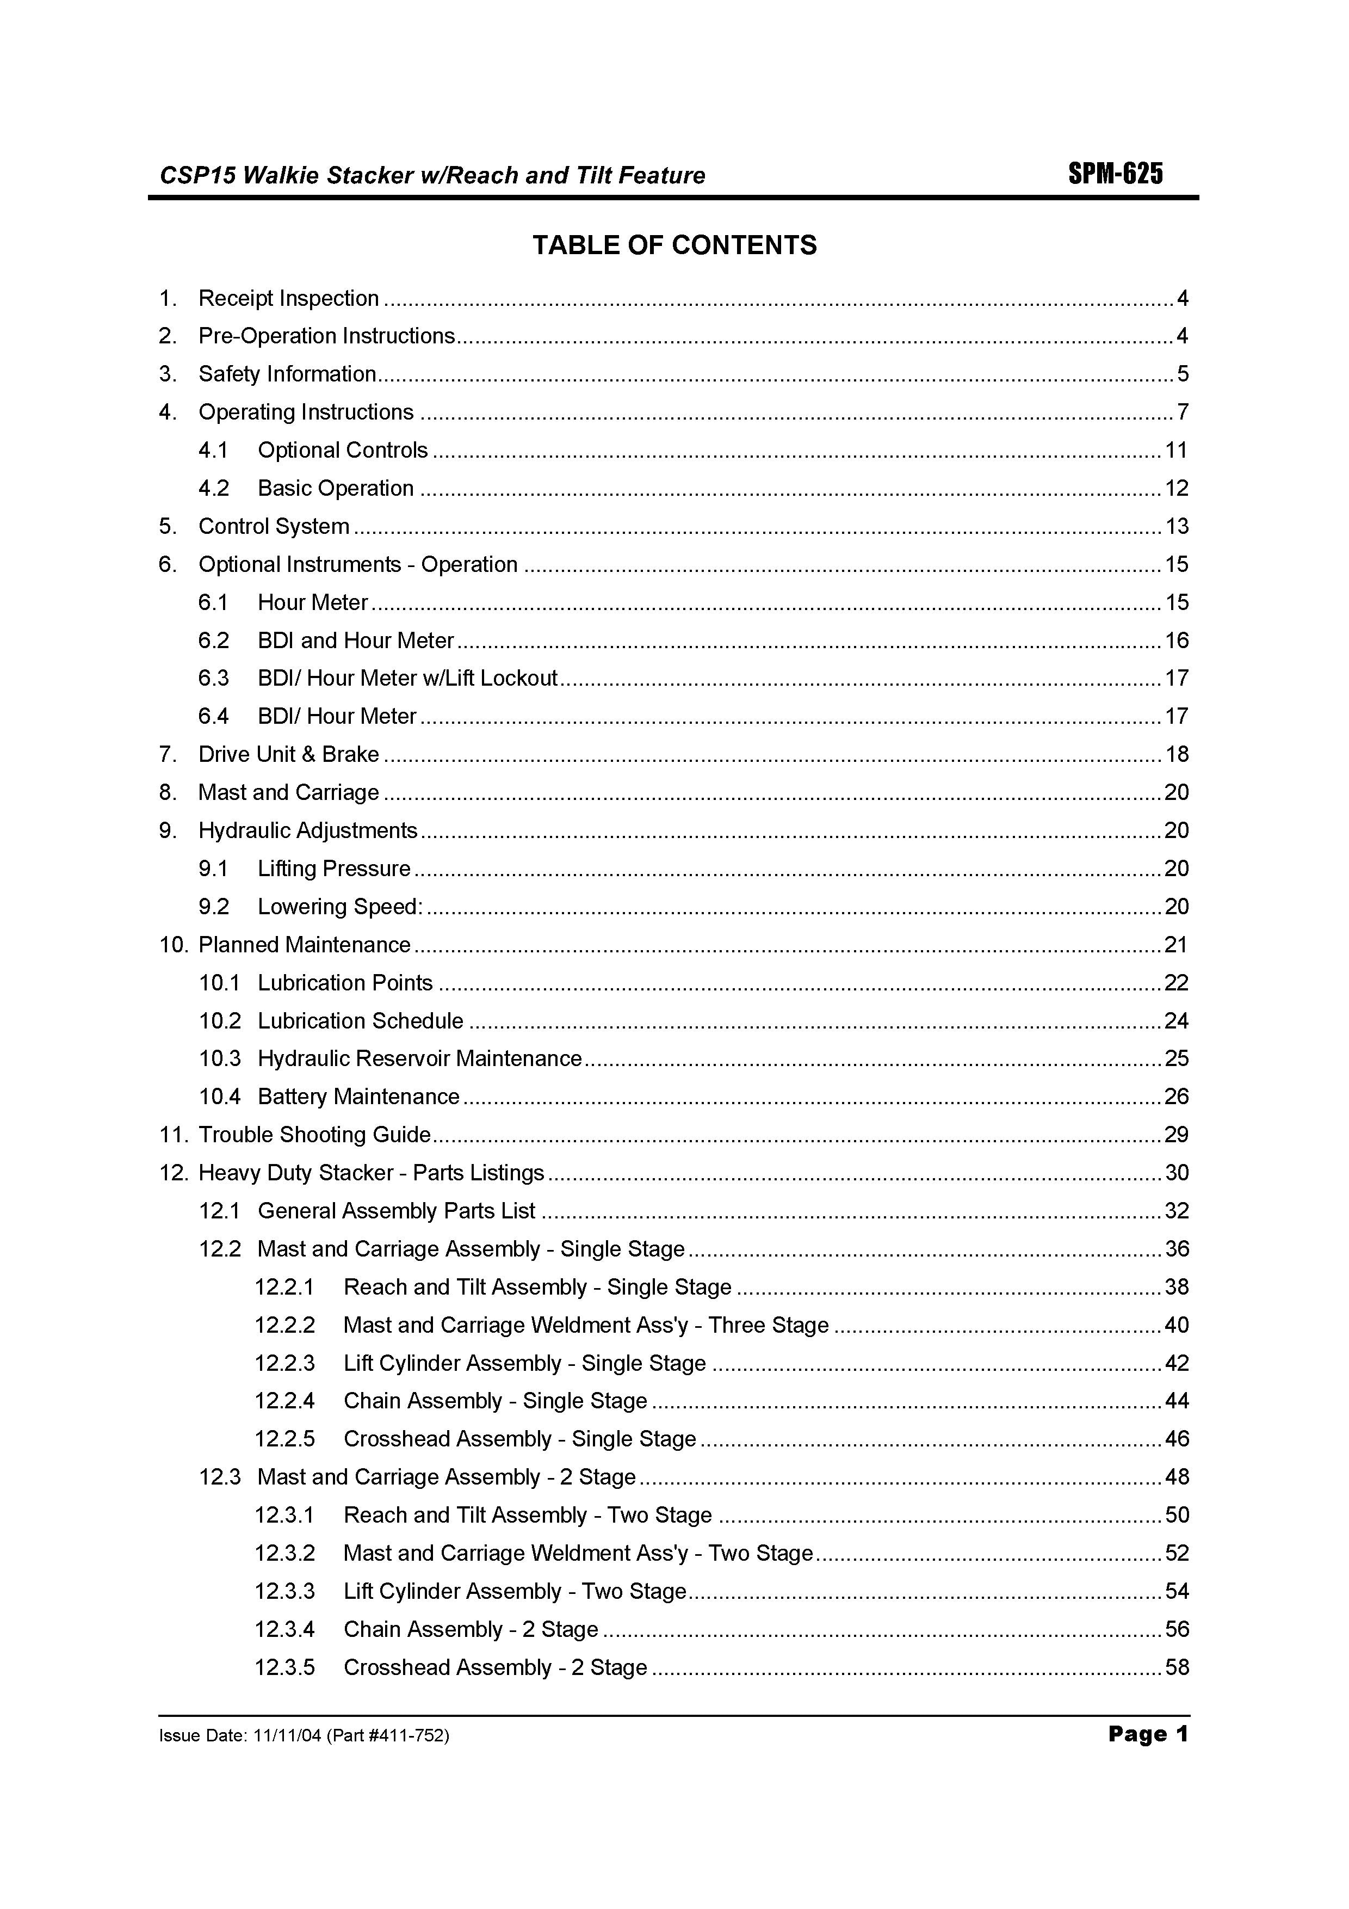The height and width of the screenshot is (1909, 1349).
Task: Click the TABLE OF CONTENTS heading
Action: coord(674,245)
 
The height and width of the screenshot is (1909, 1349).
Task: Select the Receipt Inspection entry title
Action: coord(288,299)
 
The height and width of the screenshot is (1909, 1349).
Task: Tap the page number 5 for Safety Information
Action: coord(1182,374)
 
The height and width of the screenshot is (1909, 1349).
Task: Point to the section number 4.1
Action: coord(213,451)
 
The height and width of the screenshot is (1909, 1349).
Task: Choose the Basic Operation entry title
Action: coord(335,488)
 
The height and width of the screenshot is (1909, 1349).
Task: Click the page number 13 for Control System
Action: coord(1176,526)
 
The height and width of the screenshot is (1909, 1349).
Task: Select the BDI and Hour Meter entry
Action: coord(356,640)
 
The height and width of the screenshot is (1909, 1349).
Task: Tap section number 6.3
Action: coord(213,679)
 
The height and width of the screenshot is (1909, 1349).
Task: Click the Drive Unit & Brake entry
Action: coord(288,754)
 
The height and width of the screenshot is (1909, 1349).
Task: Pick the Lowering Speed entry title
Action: coord(340,906)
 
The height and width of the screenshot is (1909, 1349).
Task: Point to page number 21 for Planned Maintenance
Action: coord(1176,945)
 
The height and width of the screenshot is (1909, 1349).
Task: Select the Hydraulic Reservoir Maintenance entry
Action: coord(420,1058)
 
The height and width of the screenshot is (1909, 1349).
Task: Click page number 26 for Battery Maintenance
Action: coord(1176,1097)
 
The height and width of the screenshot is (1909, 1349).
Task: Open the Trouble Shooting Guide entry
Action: coord(314,1135)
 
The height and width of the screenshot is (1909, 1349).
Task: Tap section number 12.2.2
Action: coord(284,1325)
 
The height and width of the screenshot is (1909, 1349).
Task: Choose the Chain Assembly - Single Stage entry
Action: coord(496,1401)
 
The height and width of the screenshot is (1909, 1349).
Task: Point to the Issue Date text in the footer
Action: coord(304,1736)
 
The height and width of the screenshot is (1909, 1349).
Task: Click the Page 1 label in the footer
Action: coord(1148,1734)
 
